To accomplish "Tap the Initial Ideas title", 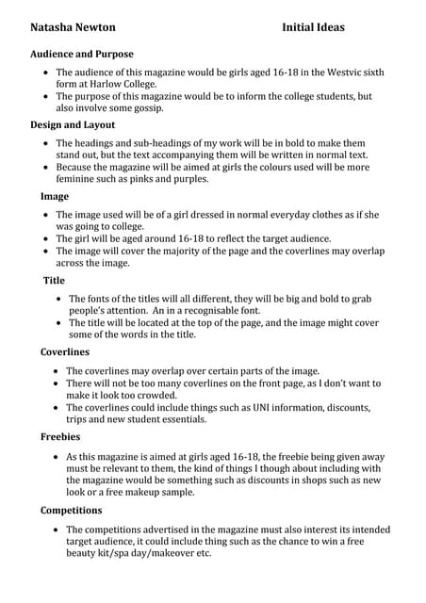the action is [313, 27].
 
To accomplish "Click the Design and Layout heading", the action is [73, 124].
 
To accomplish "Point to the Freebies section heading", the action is [60, 437].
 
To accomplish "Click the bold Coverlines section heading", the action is [65, 352].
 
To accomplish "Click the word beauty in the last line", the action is [82, 553].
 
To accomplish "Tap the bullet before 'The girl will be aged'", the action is [47, 239].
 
